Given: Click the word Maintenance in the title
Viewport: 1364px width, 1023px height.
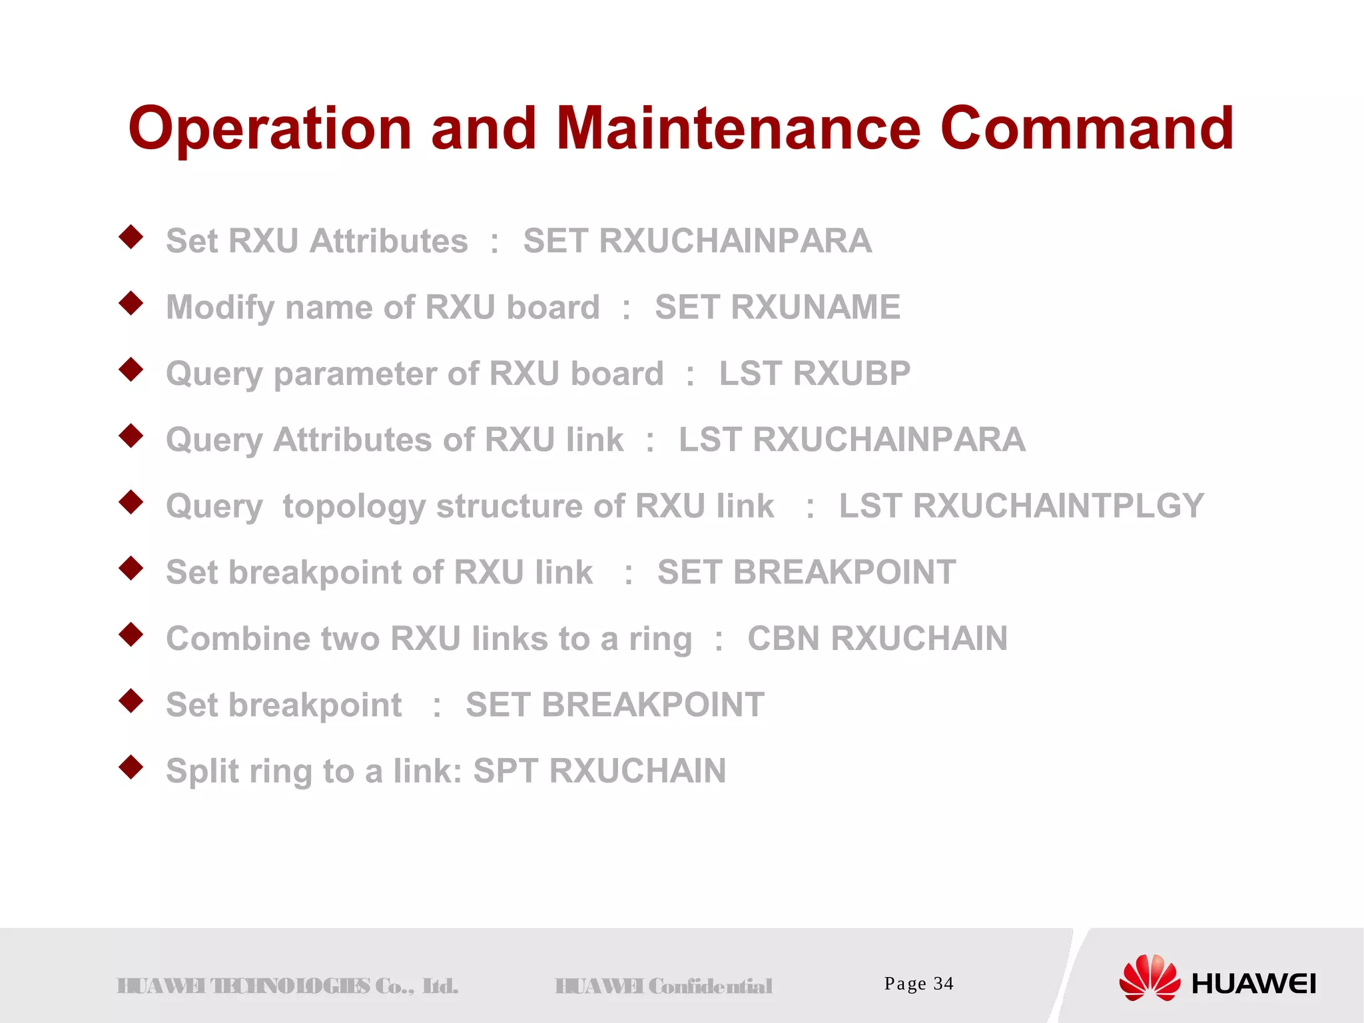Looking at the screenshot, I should click(738, 128).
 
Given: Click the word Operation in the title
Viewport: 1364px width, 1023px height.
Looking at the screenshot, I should click(270, 129).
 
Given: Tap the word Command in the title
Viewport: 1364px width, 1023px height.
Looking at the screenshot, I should click(1087, 128).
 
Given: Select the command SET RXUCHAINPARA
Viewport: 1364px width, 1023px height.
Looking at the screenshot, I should click(697, 241).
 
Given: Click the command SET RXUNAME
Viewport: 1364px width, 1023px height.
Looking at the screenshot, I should click(777, 308).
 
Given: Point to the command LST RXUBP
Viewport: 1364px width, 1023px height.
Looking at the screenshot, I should click(815, 374).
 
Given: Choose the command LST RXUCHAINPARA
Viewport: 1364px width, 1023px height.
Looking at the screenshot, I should click(852, 440).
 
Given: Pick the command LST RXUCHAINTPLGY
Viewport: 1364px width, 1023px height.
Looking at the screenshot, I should click(1021, 506).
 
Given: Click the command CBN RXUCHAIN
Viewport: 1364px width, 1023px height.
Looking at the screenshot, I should click(877, 639).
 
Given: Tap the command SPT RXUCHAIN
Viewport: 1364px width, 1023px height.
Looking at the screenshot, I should click(599, 771).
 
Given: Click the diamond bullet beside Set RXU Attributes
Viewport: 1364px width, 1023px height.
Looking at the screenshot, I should click(131, 237).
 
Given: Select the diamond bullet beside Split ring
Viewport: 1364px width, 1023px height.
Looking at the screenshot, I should click(131, 767).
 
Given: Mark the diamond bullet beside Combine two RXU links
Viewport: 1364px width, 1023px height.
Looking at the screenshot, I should click(131, 635).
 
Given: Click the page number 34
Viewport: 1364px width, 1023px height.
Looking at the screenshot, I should click(943, 984).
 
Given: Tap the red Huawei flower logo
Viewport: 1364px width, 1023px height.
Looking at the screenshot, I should click(1149, 978).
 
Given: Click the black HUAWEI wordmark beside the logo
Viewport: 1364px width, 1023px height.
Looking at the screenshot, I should click(1253, 984).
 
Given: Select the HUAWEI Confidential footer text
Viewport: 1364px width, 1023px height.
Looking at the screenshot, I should click(663, 986).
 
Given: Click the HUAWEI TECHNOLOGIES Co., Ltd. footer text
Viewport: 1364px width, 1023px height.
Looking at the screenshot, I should click(287, 986).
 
